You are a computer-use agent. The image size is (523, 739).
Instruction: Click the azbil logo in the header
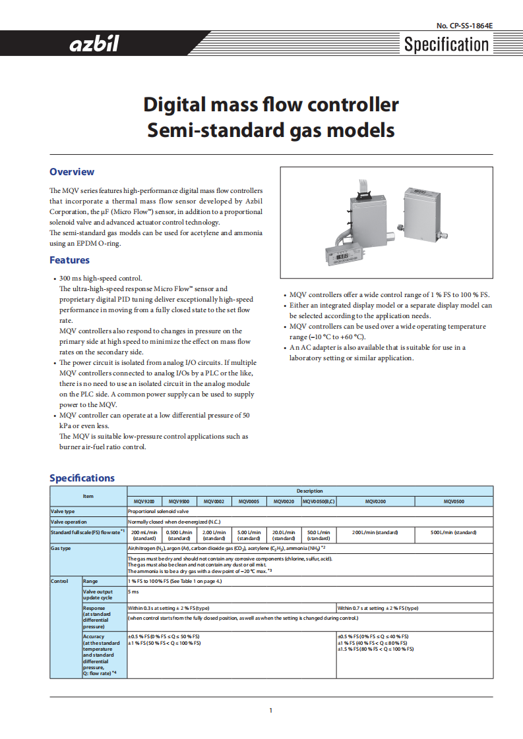(x=94, y=45)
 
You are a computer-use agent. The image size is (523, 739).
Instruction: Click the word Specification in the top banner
(x=446, y=45)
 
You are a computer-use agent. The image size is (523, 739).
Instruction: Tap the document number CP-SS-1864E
(x=464, y=26)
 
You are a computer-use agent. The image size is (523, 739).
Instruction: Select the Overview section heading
(x=72, y=172)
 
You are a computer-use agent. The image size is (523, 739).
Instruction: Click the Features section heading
(x=69, y=260)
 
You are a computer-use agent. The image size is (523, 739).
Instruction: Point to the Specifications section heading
(x=82, y=478)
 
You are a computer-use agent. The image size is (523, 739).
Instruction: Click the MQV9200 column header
(x=144, y=501)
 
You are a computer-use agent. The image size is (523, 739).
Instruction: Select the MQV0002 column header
(x=214, y=501)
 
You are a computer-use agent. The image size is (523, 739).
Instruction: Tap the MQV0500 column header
(x=453, y=501)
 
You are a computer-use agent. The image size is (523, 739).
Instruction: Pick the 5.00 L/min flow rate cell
(x=249, y=535)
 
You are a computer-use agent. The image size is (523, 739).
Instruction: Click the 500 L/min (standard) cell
(x=453, y=532)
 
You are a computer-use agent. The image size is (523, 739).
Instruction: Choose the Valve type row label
(x=63, y=511)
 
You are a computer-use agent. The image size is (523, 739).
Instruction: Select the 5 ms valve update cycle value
(x=133, y=592)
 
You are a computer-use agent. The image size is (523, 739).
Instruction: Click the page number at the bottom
(x=270, y=710)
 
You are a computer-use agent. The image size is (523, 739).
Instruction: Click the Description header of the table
(x=309, y=491)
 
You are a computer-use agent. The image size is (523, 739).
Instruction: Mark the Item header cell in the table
(x=88, y=496)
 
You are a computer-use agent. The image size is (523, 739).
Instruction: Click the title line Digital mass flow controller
(x=270, y=105)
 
